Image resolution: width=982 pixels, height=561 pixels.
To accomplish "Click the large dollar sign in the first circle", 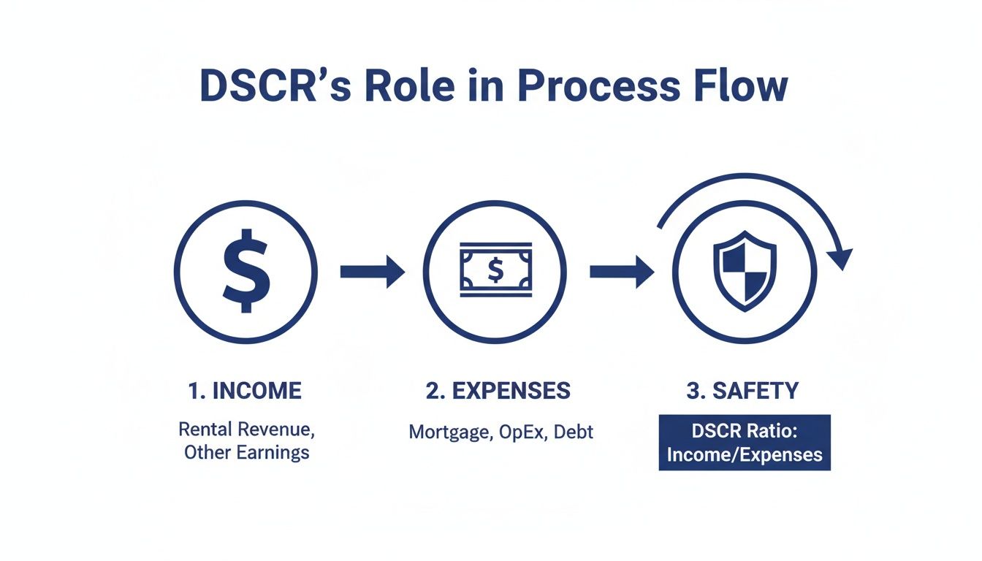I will [x=246, y=272].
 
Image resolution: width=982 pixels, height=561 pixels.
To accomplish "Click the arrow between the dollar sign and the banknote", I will [x=372, y=272].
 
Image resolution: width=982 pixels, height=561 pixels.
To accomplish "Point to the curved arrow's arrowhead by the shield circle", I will [x=841, y=257].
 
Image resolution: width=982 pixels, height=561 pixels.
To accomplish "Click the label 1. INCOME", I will [x=245, y=391].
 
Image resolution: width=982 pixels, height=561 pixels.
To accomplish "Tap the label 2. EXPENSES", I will [x=498, y=391].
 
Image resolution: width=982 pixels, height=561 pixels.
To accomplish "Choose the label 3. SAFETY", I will [x=742, y=391].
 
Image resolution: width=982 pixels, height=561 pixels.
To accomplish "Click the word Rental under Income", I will [x=205, y=429].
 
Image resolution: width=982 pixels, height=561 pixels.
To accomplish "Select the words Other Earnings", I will [x=246, y=452].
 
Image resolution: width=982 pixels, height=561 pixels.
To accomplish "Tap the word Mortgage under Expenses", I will [x=449, y=432].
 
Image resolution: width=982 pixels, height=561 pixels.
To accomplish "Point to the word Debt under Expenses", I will [x=574, y=432].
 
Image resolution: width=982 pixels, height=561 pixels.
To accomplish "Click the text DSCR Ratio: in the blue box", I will [x=745, y=431].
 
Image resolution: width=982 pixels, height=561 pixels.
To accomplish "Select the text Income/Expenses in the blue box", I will [x=745, y=454].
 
